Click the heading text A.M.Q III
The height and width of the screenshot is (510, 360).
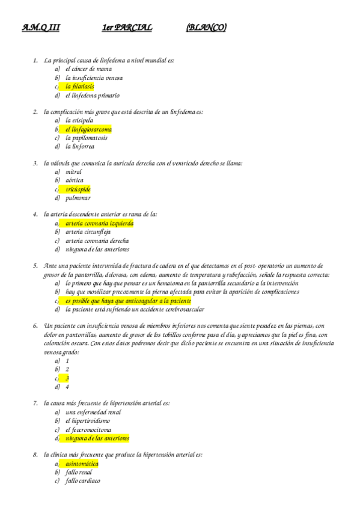(40, 28)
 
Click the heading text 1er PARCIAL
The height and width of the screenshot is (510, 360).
(127, 28)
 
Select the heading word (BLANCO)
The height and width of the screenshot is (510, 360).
(206, 28)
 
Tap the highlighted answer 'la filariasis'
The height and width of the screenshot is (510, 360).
(79, 87)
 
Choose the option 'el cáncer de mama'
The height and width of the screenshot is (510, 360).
(88, 69)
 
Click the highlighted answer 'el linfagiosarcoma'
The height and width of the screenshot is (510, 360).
(88, 129)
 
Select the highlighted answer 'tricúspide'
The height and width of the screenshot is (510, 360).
(78, 189)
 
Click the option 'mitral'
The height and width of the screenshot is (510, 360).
(74, 172)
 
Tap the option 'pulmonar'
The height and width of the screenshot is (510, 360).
(78, 198)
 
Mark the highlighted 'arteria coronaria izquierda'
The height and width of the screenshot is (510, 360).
(99, 223)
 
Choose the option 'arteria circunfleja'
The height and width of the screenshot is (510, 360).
(88, 232)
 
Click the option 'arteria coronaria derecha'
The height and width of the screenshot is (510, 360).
(97, 241)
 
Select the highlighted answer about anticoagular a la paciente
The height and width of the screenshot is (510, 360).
(128, 301)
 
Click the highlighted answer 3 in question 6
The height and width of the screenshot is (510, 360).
(67, 378)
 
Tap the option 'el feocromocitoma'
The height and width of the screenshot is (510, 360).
(88, 430)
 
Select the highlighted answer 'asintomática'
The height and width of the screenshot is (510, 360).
(82, 464)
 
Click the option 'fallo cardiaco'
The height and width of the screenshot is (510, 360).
(83, 481)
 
